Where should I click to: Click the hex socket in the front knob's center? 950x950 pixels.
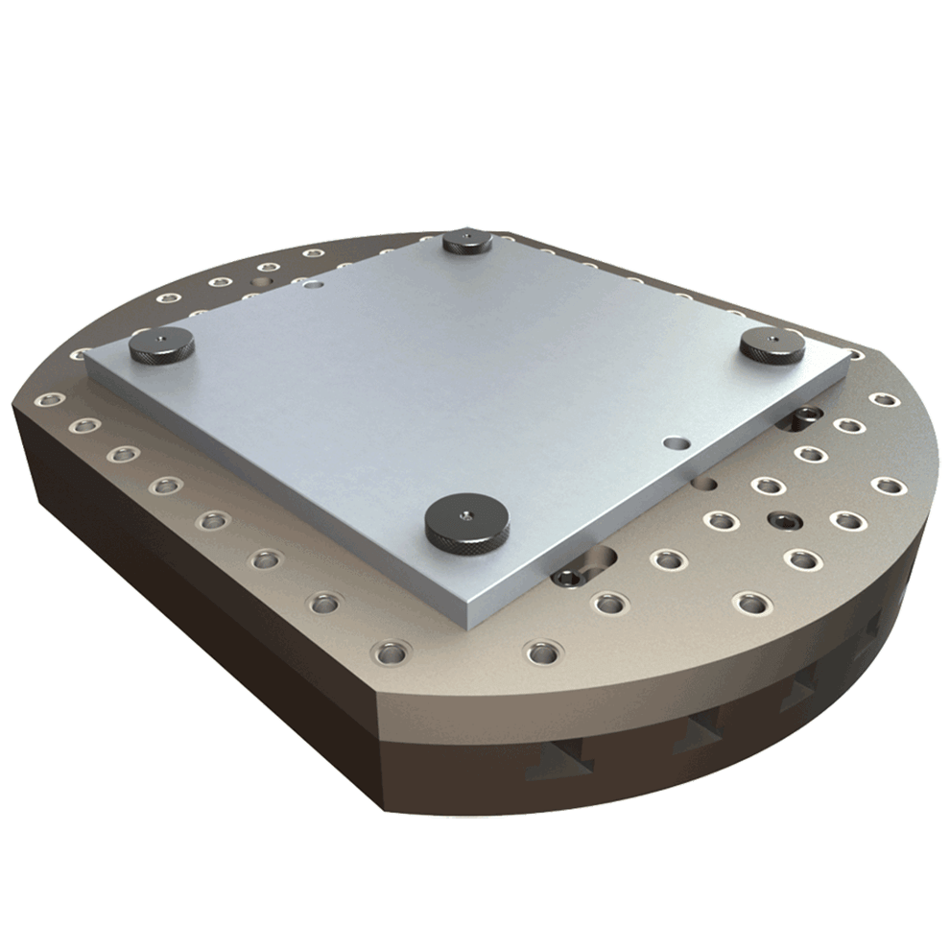click(x=465, y=514)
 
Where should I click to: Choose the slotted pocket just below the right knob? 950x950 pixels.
click(x=799, y=418)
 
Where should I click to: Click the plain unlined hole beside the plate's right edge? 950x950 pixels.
click(x=708, y=486)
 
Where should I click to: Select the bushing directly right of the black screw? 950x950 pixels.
click(x=845, y=520)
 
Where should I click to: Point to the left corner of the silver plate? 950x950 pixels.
click(x=86, y=357)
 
